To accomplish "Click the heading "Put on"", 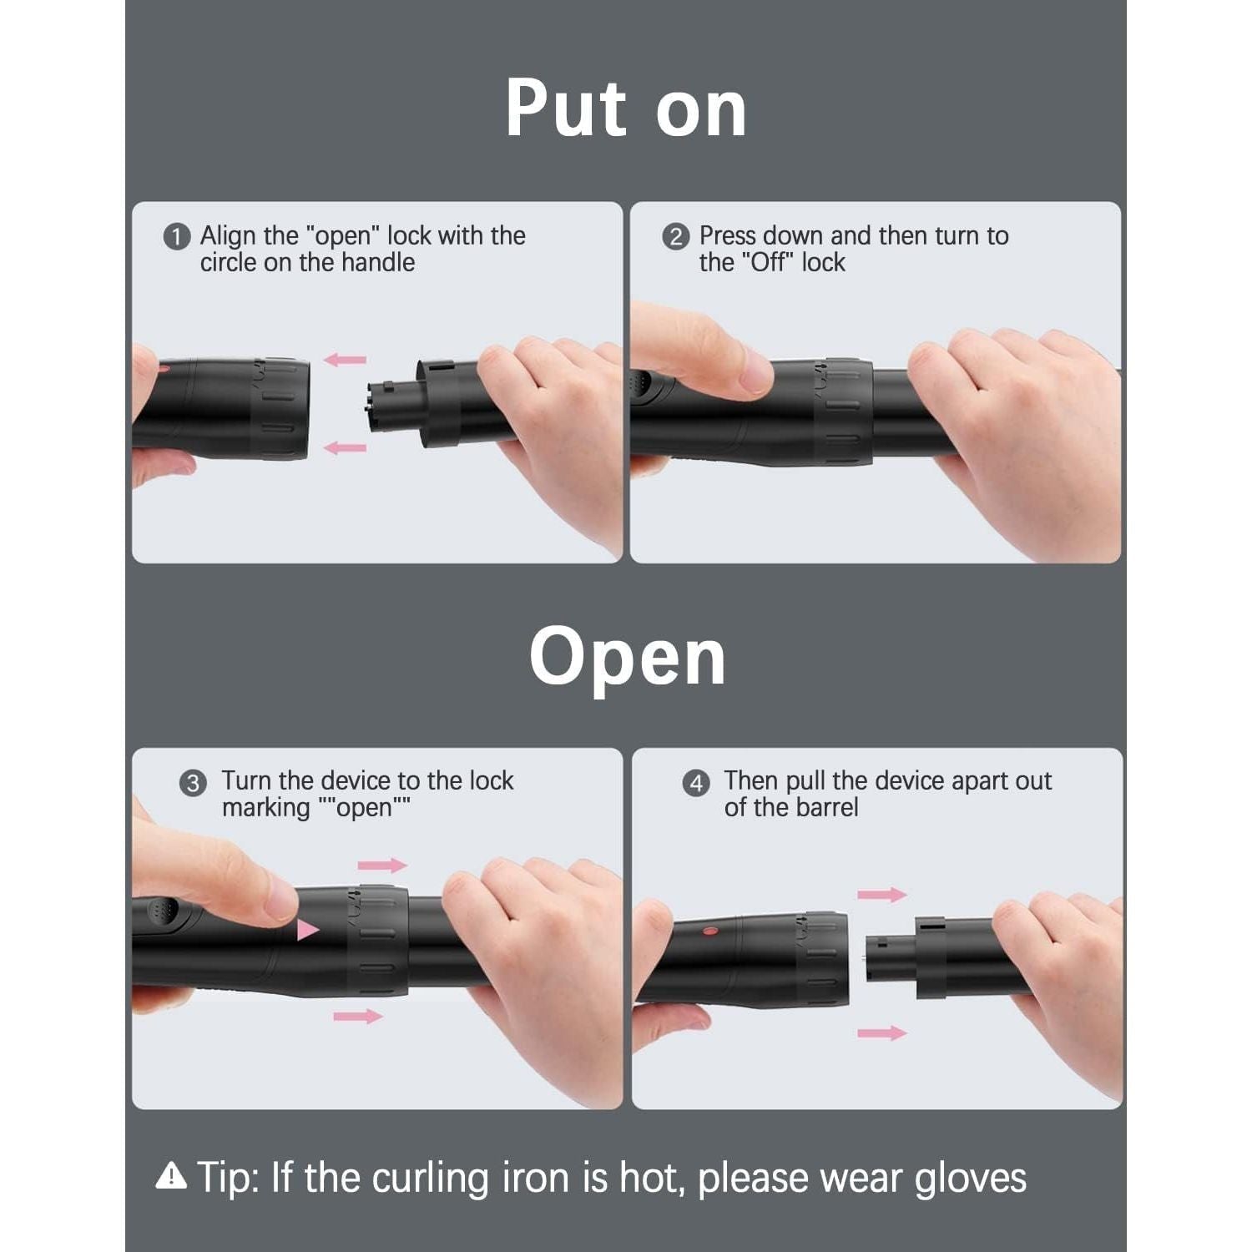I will coord(625,109).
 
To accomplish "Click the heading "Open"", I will coord(627,658).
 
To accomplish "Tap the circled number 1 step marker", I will coord(176,237).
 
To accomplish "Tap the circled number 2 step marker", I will coord(675,237).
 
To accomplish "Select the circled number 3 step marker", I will coord(193,784).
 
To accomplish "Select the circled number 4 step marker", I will coord(695,784).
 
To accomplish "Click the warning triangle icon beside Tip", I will coord(171,1176).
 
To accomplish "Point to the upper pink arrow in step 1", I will coord(345,360).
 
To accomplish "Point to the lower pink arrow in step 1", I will coord(345,448).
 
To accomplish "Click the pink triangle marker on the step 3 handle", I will coord(307,929).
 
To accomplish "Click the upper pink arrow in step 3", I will coord(382,865).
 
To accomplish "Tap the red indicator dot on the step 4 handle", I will coord(709,930).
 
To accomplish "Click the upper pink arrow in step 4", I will coord(881,895).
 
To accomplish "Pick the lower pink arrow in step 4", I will coord(881,1033).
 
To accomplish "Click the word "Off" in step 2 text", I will coord(771,263).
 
